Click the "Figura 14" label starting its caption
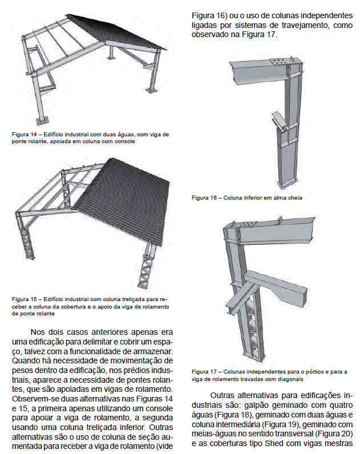(25, 134)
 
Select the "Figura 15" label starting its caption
(25, 298)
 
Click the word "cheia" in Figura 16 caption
(294, 197)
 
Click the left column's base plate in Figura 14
(42, 120)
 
